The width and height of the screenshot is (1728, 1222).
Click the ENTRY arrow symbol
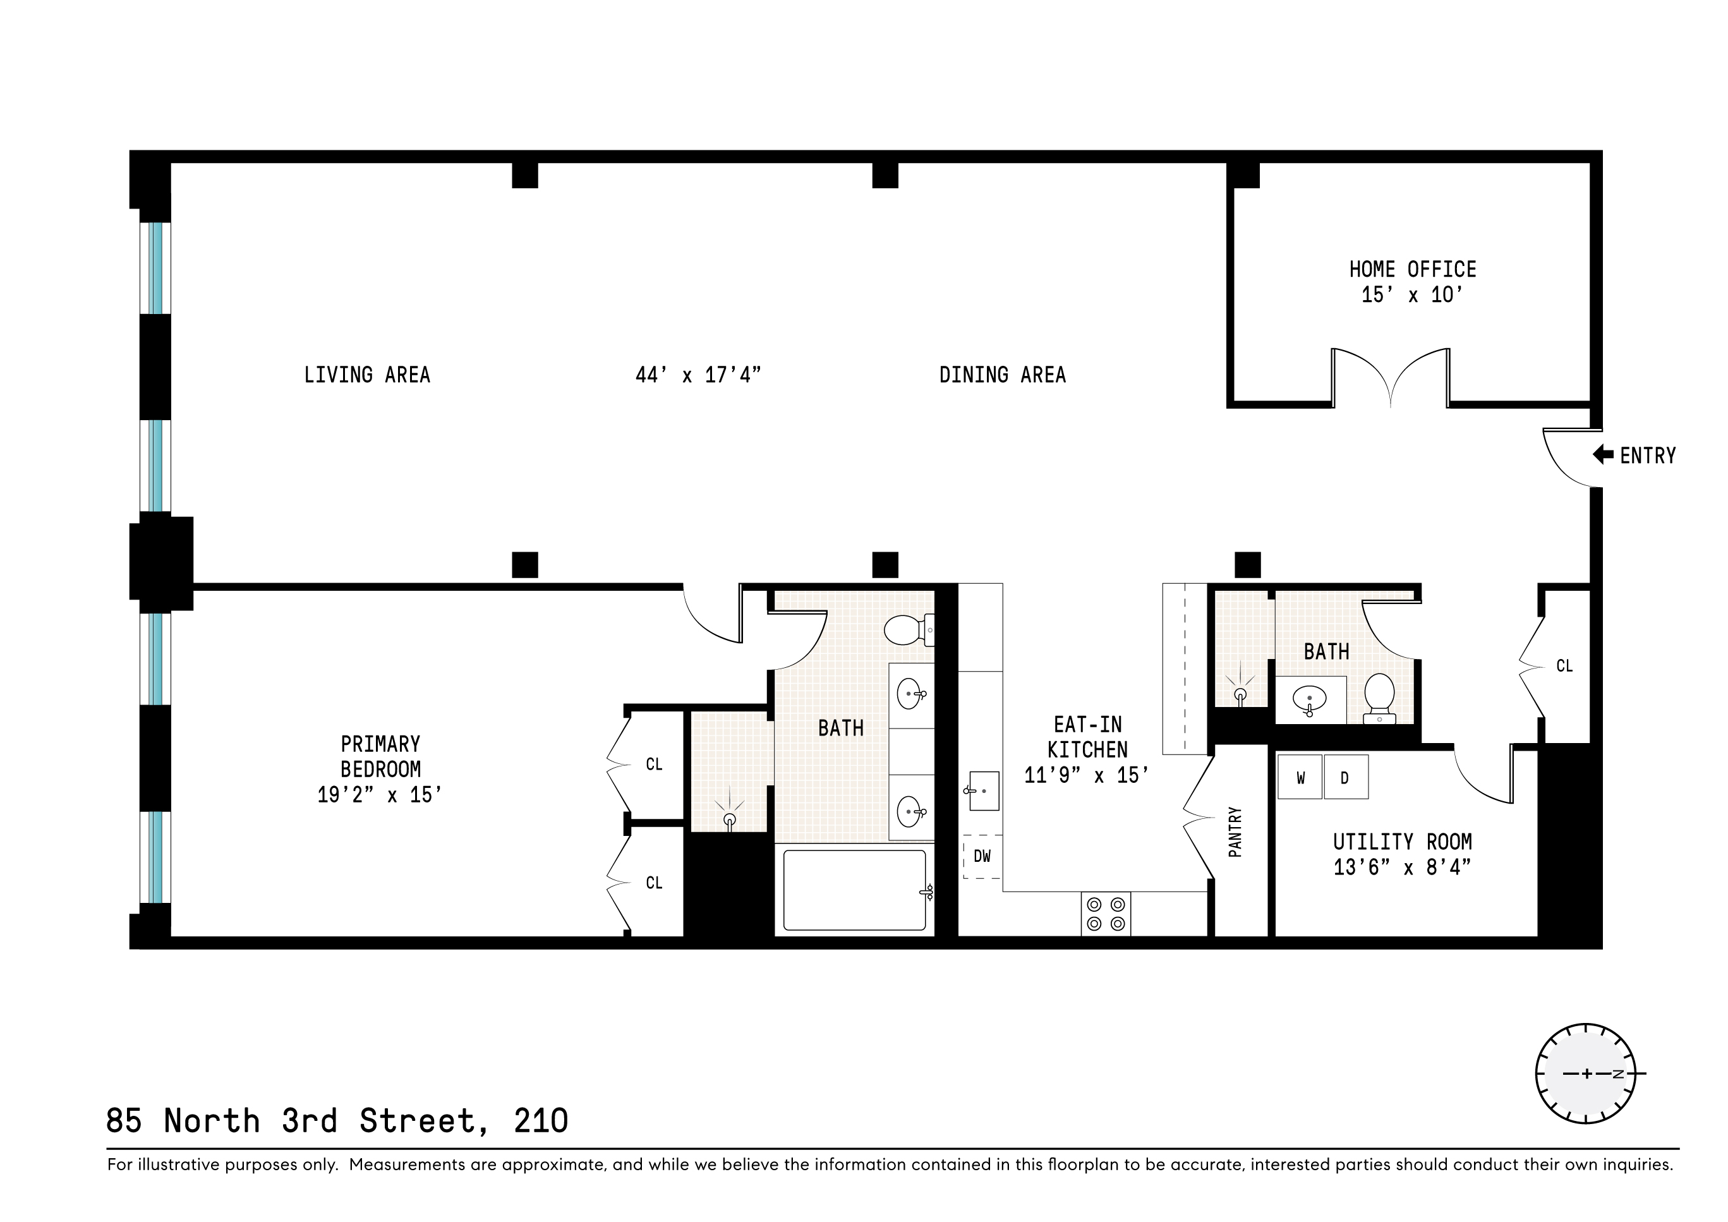pos(1603,454)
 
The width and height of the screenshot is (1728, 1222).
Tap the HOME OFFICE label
pos(1412,269)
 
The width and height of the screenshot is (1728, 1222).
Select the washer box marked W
pos(1300,777)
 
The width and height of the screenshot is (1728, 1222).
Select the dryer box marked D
pos(1345,777)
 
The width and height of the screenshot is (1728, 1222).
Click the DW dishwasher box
pos(982,856)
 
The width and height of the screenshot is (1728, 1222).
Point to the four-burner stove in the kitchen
pos(1106,914)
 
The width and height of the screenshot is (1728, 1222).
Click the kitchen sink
pos(983,791)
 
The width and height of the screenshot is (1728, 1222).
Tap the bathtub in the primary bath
pos(854,890)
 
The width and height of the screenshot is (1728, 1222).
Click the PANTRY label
pos(1235,832)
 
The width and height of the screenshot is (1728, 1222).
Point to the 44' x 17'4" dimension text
pos(698,375)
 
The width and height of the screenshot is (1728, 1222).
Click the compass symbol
pos(1586,1074)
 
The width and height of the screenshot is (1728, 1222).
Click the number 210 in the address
pos(540,1121)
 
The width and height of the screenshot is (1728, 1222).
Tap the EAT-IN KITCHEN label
pos(1087,737)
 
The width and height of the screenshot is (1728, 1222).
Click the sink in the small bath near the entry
pos(1310,699)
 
